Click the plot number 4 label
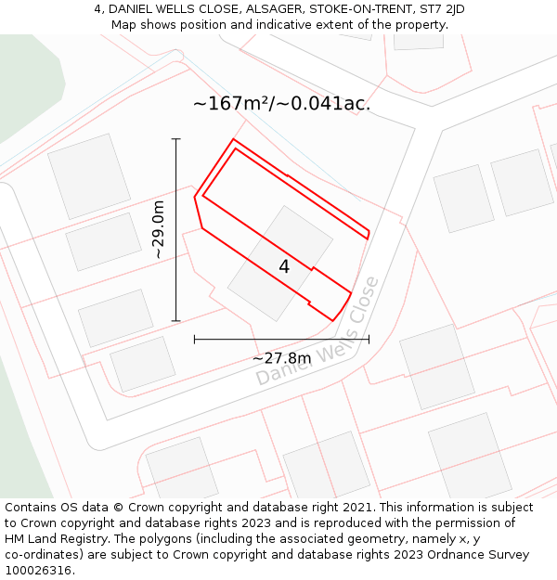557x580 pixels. pos(284,267)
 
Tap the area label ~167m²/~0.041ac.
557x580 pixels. pos(281,104)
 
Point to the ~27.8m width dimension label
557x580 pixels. pos(281,358)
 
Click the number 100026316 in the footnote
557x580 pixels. pos(37,570)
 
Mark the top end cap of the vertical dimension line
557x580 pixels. pos(176,139)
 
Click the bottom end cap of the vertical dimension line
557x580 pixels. pos(176,320)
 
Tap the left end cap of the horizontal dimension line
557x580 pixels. pos(194,339)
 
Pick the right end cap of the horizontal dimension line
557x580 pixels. pos(369,339)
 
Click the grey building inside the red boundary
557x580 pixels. pos(279,263)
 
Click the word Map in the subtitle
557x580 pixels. pos(124,25)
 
